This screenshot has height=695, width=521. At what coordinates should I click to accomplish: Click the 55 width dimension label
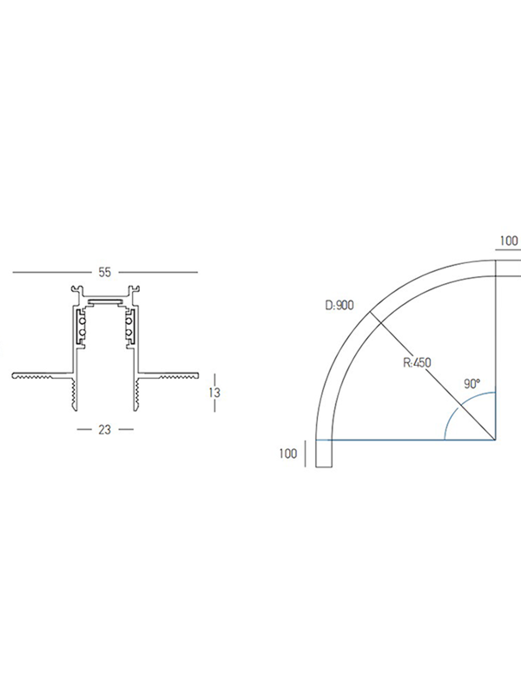105,272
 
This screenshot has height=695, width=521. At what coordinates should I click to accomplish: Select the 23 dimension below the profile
105,430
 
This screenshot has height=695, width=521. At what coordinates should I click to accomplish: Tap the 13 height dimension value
214,393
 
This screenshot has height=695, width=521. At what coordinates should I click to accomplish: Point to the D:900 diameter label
340,305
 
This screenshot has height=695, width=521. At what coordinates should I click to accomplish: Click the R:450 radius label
417,363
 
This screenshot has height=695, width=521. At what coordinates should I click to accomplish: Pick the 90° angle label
472,384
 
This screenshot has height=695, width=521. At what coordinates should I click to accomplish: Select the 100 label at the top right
509,241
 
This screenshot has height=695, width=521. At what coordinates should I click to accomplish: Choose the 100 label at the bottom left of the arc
288,453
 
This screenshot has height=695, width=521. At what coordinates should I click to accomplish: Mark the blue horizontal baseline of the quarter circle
406,440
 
